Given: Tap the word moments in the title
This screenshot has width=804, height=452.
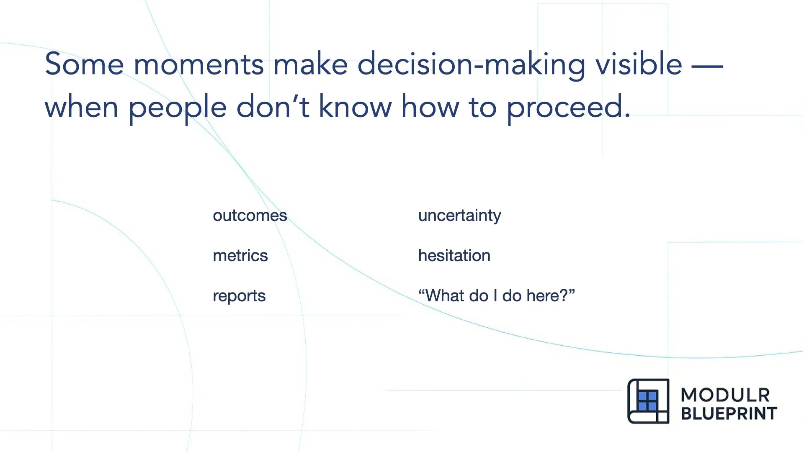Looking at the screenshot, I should click(198, 65).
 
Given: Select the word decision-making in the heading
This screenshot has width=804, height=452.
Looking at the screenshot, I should click(471, 65).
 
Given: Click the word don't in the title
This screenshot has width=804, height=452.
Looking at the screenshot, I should click(273, 107).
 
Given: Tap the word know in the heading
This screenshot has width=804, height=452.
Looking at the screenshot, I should click(356, 107).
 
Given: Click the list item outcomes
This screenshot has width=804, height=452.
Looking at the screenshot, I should click(250, 216).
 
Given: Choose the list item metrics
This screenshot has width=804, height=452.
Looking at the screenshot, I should click(240, 256).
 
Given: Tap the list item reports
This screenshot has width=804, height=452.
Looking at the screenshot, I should click(239, 296).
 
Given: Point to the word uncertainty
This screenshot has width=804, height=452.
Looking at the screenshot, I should click(459, 216).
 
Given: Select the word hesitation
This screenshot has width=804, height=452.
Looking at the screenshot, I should click(454, 256).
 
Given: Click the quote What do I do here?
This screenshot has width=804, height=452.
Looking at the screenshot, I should click(496, 296).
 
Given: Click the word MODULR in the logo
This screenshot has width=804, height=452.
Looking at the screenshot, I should click(725, 395).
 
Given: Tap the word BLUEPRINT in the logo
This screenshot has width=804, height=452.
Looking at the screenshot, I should click(729, 413).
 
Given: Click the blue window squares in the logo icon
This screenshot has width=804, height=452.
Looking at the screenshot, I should click(647, 401).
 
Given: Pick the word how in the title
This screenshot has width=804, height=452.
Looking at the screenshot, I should click(430, 107).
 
